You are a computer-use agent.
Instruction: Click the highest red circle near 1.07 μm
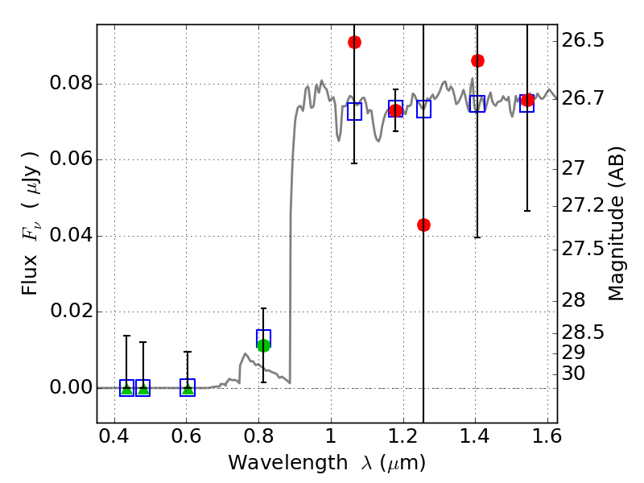tap(354, 42)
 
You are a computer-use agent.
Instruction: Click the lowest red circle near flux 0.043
tap(423, 225)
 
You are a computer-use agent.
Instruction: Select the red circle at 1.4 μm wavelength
tap(477, 60)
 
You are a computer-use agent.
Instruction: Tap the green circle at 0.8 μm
tap(263, 345)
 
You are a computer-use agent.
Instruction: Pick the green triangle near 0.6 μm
tap(188, 388)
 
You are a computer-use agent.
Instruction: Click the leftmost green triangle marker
tap(126, 388)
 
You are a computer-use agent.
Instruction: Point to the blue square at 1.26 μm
tap(423, 109)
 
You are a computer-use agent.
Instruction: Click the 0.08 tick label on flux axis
tap(70, 84)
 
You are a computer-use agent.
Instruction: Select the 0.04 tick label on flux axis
tap(70, 236)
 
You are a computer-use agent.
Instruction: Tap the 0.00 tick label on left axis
tap(70, 388)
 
